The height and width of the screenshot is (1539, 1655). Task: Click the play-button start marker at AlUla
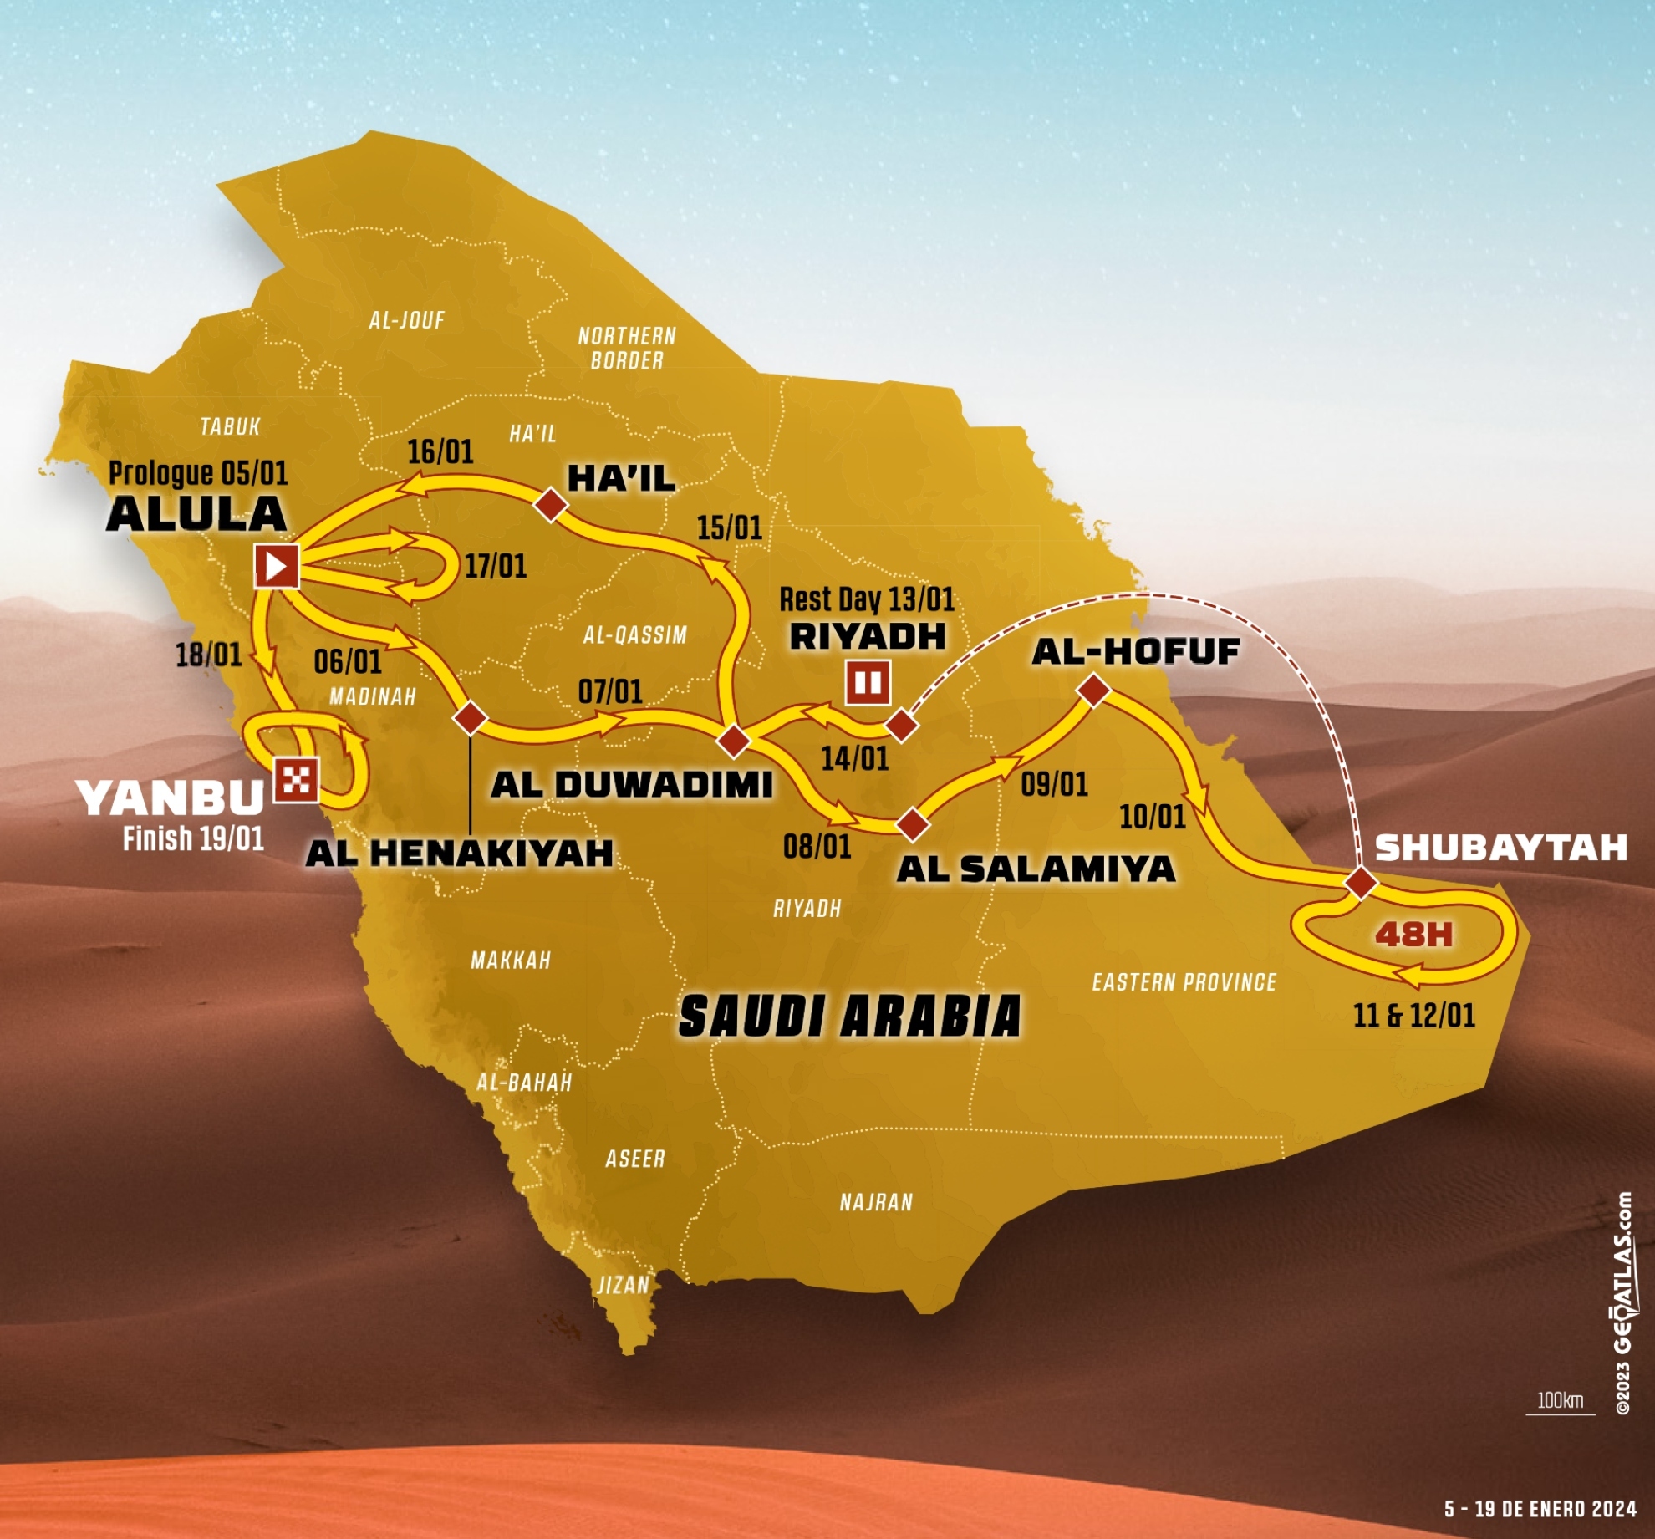[277, 567]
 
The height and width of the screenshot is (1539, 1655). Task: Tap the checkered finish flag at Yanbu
[297, 779]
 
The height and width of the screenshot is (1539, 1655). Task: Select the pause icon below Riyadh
[868, 682]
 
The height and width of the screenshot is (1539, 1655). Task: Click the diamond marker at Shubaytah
[1361, 882]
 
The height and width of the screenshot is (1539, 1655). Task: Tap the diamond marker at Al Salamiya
[912, 823]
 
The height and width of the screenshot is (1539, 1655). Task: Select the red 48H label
[1414, 934]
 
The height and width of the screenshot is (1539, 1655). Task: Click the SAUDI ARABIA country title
[849, 1017]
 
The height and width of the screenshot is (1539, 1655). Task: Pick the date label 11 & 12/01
[1414, 1016]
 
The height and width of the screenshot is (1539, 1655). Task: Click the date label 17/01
[496, 566]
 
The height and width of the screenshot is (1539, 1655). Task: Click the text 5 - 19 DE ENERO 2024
[1540, 1509]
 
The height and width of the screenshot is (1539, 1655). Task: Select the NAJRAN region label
[876, 1202]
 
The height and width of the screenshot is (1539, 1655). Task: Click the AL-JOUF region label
[407, 320]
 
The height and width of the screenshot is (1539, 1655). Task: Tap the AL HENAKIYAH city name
[460, 854]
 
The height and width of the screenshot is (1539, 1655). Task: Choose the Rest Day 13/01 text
[867, 599]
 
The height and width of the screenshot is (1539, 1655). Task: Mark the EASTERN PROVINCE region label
[1184, 982]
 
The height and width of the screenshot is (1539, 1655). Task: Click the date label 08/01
[817, 847]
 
